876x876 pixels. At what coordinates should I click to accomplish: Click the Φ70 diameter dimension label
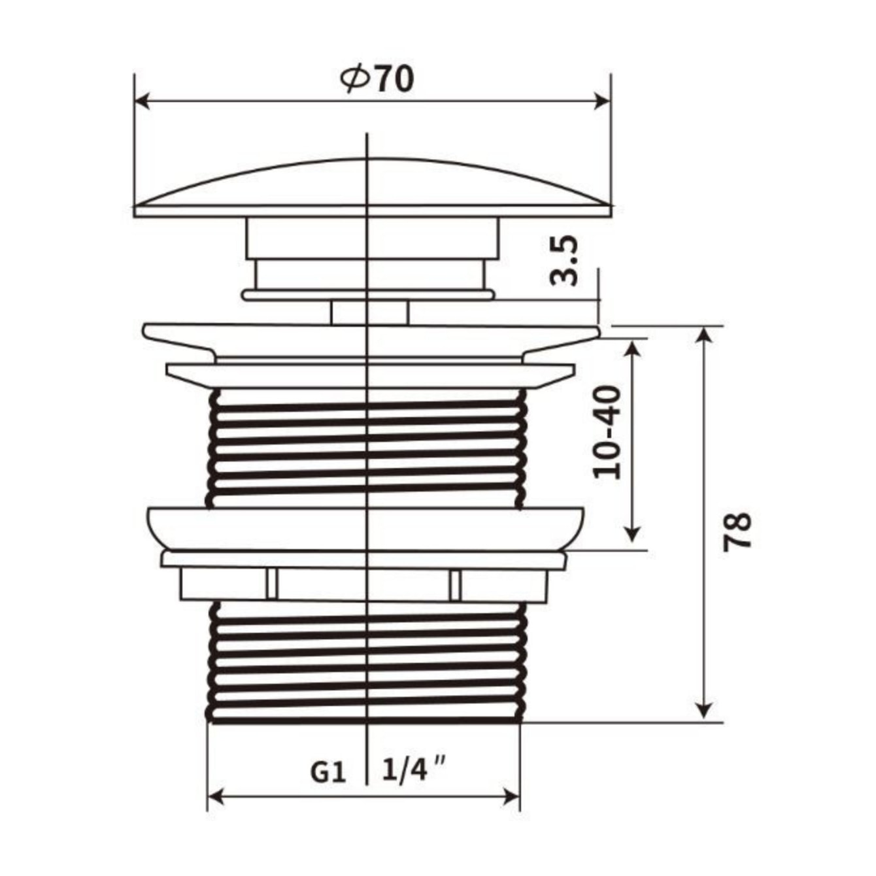click(x=377, y=80)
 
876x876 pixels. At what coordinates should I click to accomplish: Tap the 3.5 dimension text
click(x=564, y=260)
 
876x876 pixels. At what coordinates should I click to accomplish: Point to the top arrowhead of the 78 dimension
click(x=703, y=337)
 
